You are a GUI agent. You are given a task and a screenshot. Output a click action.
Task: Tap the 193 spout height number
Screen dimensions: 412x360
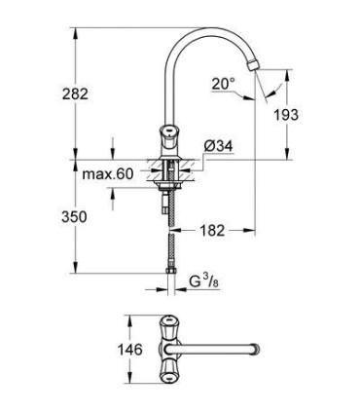(x=312, y=115)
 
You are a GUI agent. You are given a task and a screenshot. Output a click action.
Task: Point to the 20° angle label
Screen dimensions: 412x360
(x=223, y=85)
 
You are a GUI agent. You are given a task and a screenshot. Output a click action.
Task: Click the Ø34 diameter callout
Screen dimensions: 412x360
(x=217, y=147)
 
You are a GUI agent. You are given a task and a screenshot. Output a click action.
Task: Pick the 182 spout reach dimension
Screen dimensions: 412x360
(x=215, y=231)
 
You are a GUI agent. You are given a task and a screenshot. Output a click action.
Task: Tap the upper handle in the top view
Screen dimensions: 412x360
(x=169, y=322)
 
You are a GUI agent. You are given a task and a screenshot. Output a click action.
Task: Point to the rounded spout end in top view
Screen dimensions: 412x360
(x=256, y=348)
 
